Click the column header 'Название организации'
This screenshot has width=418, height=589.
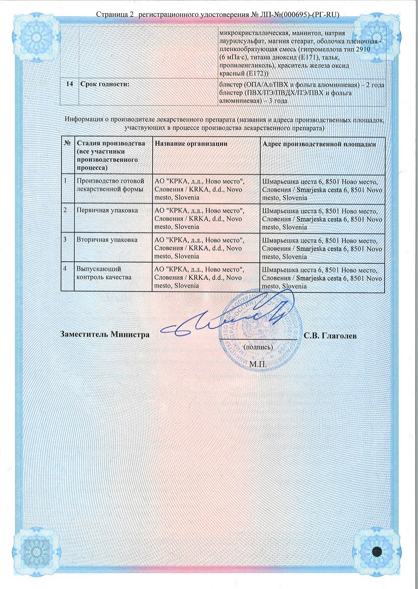191,144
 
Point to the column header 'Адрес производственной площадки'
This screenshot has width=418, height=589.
320,144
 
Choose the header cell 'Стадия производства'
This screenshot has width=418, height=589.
111,154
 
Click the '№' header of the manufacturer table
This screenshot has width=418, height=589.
67,144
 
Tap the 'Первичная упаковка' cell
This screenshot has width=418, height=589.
104,210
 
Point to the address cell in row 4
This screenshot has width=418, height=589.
322,277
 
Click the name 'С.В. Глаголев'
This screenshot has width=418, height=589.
330,336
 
